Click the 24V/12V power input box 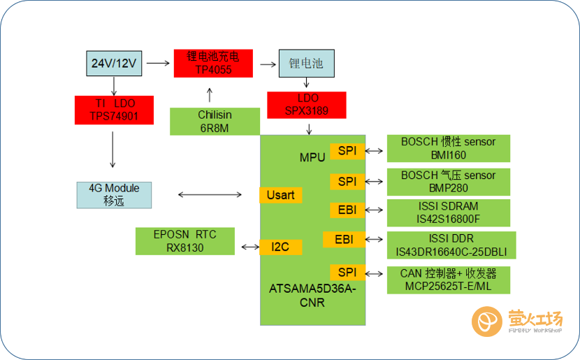point(115,63)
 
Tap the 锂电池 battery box point(306,63)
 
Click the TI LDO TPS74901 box point(114,110)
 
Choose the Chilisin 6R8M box point(215,121)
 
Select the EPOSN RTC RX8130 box point(185,240)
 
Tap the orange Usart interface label point(280,195)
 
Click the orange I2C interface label point(280,246)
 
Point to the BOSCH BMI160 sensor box point(448,148)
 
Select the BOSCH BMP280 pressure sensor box point(448,182)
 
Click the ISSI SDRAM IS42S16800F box point(448,213)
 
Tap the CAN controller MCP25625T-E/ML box point(448,280)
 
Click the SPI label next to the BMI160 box point(347,150)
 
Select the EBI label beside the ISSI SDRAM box point(347,210)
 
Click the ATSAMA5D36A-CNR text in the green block point(312,295)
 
